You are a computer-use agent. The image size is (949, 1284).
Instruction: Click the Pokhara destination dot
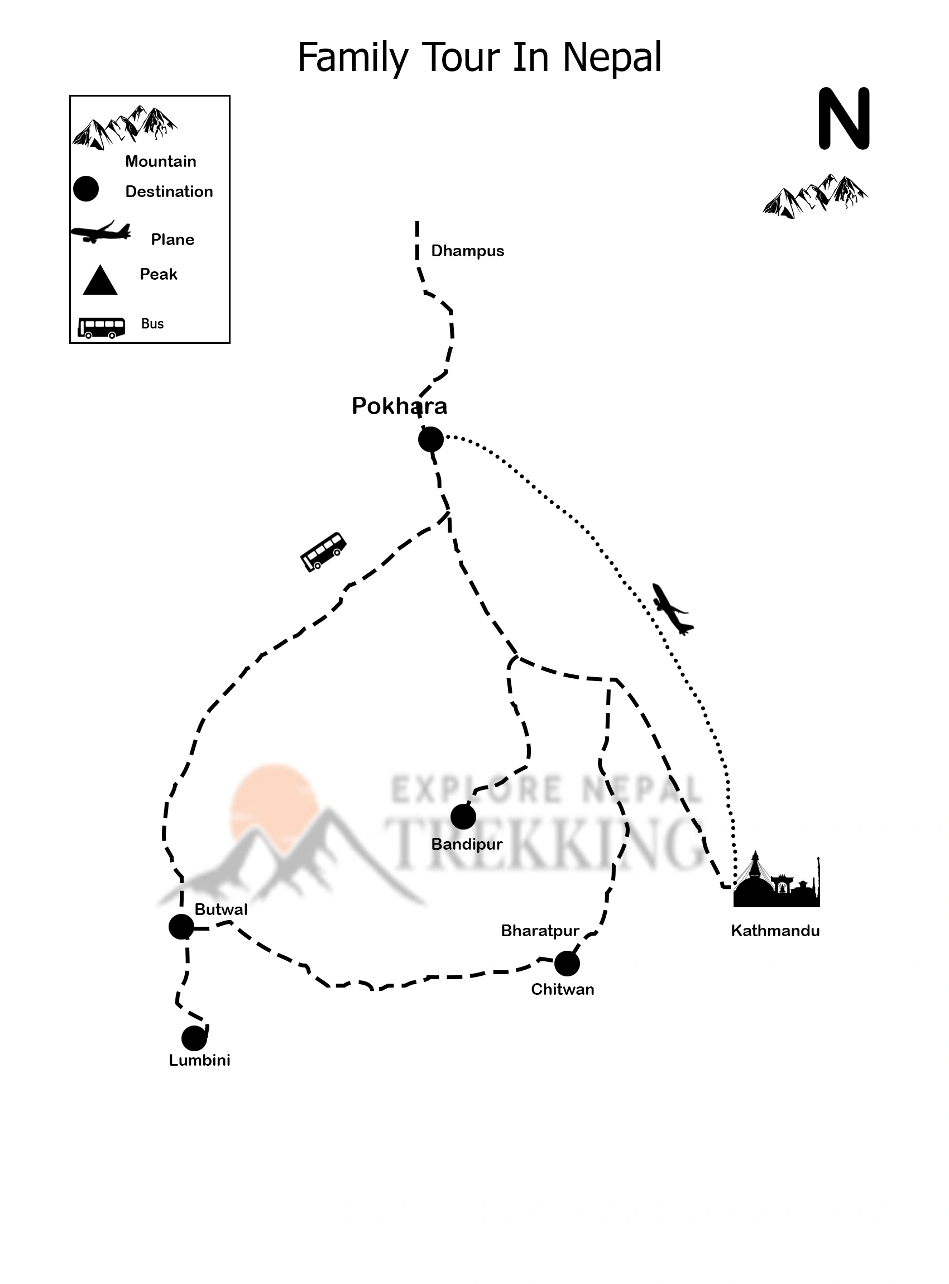pyautogui.click(x=431, y=439)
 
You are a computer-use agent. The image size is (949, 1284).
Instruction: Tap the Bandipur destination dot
pyautogui.click(x=463, y=816)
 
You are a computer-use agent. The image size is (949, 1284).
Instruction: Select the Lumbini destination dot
pyautogui.click(x=194, y=1038)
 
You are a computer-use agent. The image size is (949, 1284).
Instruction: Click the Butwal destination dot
pyautogui.click(x=181, y=927)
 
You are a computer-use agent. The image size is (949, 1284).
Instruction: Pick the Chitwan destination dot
pyautogui.click(x=567, y=964)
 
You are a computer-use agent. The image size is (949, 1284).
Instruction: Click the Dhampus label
pyautogui.click(x=468, y=251)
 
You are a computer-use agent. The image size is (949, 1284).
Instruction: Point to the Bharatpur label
pyautogui.click(x=540, y=931)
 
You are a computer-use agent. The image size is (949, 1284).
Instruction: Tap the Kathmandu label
pyautogui.click(x=775, y=931)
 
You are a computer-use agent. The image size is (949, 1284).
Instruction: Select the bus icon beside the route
pyautogui.click(x=323, y=551)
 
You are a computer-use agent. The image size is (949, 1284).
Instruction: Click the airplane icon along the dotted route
pyautogui.click(x=672, y=609)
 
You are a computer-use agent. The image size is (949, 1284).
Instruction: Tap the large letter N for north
pyautogui.click(x=844, y=119)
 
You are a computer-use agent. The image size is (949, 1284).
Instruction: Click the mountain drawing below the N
pyautogui.click(x=815, y=197)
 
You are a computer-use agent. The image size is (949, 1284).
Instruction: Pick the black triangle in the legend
pyautogui.click(x=100, y=281)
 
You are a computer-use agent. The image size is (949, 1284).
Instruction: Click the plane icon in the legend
pyautogui.click(x=100, y=232)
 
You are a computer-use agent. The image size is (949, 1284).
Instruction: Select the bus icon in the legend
pyautogui.click(x=102, y=328)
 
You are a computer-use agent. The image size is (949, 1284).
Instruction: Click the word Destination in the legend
pyautogui.click(x=169, y=191)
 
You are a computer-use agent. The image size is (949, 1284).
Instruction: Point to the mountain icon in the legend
pyautogui.click(x=124, y=127)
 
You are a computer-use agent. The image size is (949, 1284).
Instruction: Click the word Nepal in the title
pyautogui.click(x=612, y=58)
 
